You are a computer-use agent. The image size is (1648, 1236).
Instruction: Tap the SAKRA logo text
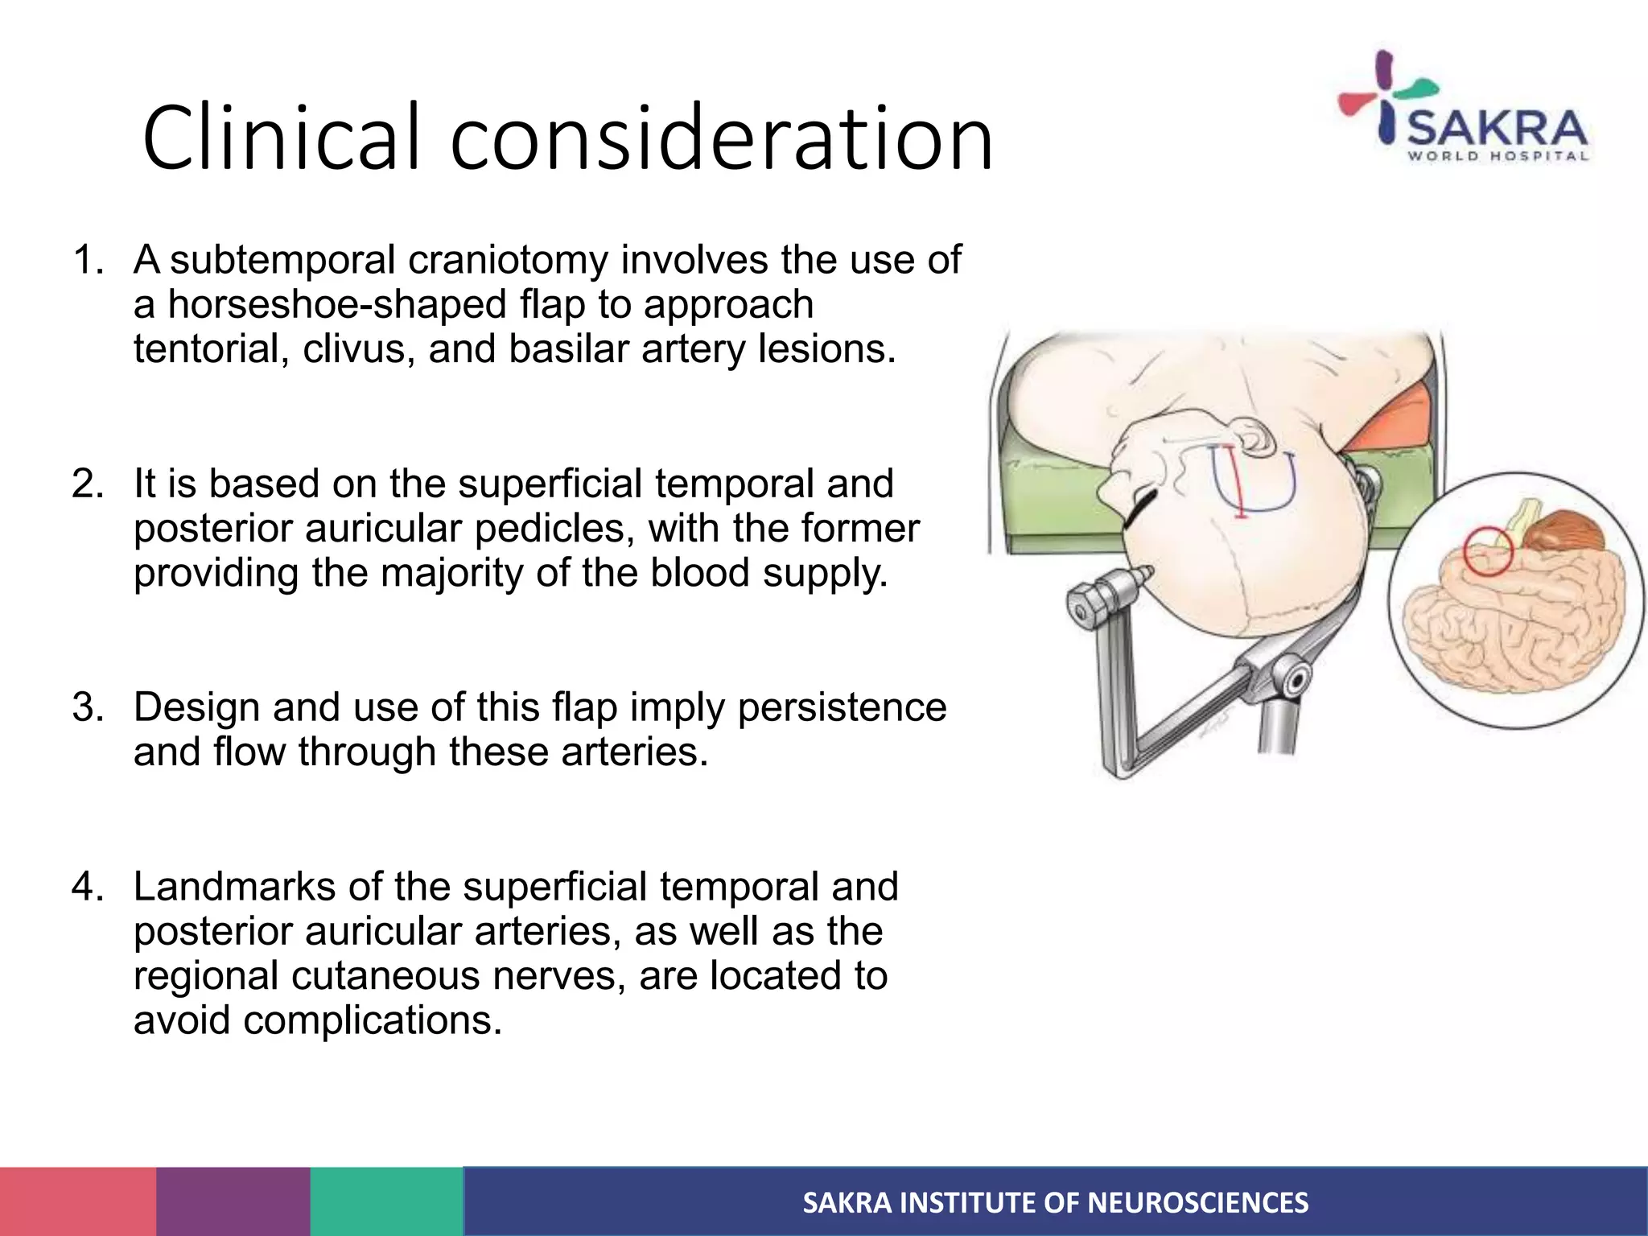pos(1497,129)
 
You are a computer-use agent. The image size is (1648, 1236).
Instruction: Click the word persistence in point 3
pos(842,708)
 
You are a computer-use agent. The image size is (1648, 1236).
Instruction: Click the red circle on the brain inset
pos(1488,551)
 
